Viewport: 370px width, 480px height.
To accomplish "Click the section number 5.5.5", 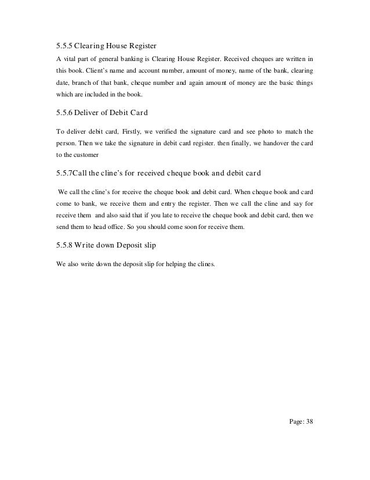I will coord(66,45).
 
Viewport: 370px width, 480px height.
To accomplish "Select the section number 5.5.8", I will coord(66,245).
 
